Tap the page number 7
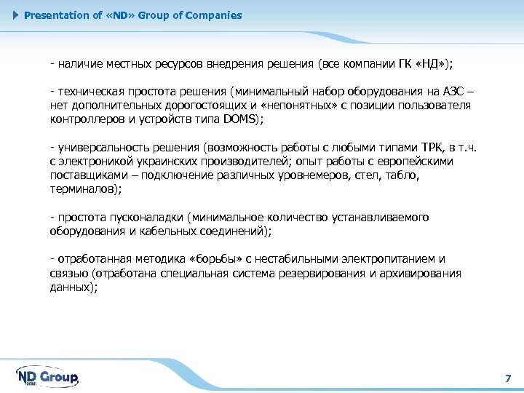pos(508,378)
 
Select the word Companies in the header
pos(214,15)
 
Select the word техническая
pos(89,92)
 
